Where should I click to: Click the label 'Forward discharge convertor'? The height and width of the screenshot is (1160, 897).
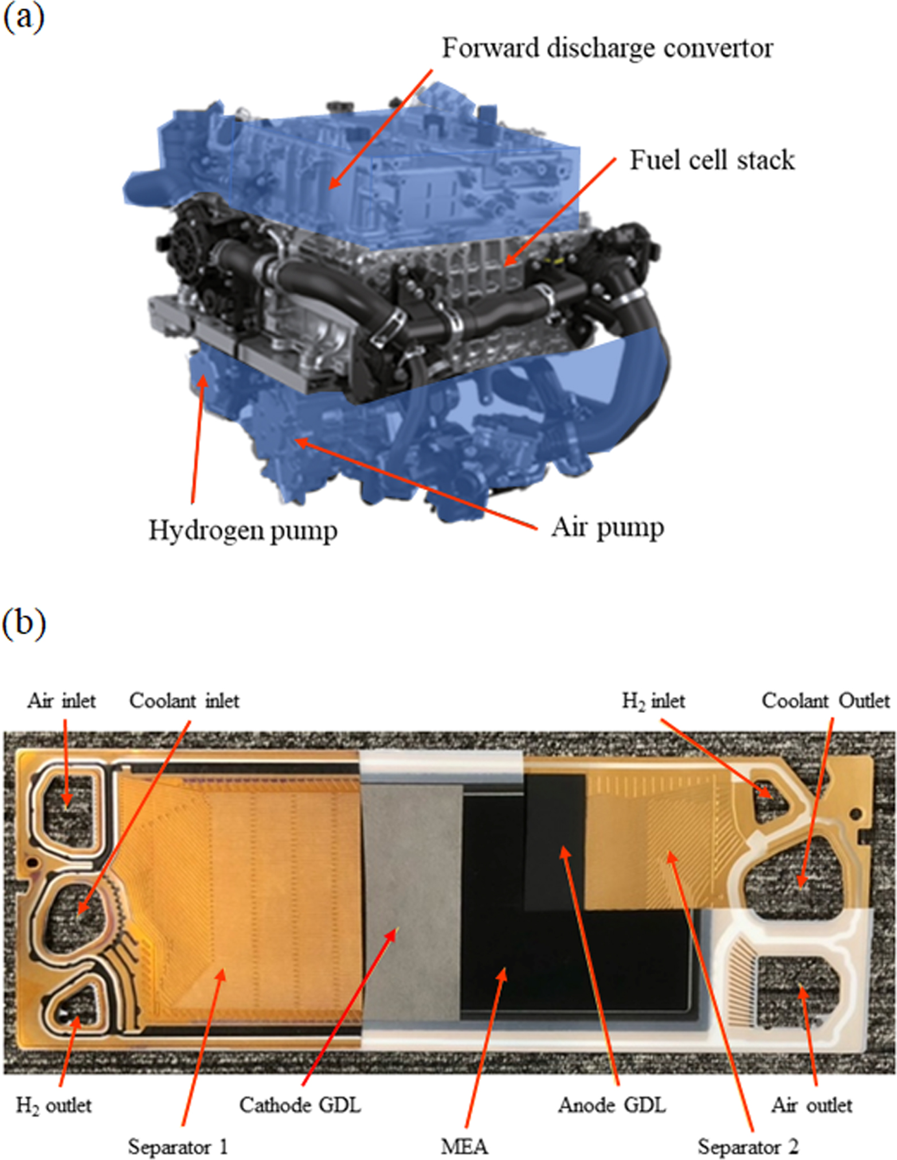pos(607,49)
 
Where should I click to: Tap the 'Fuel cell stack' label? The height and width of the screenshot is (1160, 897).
pos(712,160)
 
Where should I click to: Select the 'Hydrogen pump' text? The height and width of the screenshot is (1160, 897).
pos(242,531)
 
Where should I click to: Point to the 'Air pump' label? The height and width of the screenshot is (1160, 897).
pos(608,528)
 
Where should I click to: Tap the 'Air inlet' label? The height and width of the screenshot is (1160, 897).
pos(61,701)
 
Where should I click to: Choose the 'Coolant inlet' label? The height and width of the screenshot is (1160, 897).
pos(184,701)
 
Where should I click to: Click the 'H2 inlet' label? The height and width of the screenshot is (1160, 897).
pos(653,701)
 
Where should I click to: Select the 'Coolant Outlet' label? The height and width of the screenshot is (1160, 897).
pos(825,701)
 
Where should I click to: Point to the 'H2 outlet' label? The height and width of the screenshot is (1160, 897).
pos(53,1105)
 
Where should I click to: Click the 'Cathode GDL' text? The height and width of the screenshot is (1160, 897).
pos(300,1105)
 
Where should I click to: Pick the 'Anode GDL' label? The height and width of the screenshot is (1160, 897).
pos(612,1105)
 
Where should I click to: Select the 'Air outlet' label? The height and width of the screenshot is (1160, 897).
pos(812,1105)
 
